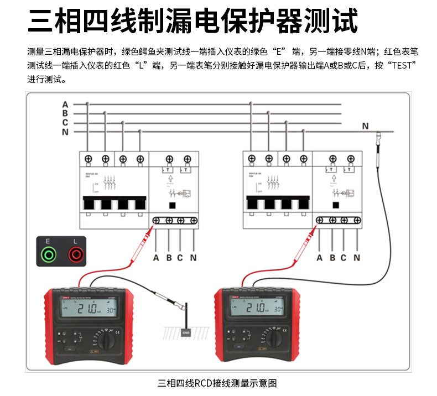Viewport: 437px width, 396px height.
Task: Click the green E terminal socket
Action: click(49, 254)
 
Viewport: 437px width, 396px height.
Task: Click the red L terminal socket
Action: click(75, 254)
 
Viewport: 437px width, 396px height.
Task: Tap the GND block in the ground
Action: click(186, 332)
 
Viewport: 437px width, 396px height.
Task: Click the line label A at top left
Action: click(65, 104)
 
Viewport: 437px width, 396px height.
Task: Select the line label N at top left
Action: click(65, 132)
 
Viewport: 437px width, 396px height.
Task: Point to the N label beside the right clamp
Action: click(365, 126)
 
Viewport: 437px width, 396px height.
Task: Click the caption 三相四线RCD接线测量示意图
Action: click(217, 383)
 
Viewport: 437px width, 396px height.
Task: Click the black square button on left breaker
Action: click(173, 206)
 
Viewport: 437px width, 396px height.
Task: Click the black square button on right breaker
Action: click(336, 206)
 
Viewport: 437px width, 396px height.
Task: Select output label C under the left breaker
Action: click(180, 257)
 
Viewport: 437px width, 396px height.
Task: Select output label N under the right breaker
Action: click(357, 257)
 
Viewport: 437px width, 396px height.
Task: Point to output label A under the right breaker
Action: click(319, 257)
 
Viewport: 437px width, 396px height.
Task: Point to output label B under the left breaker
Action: click(169, 257)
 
